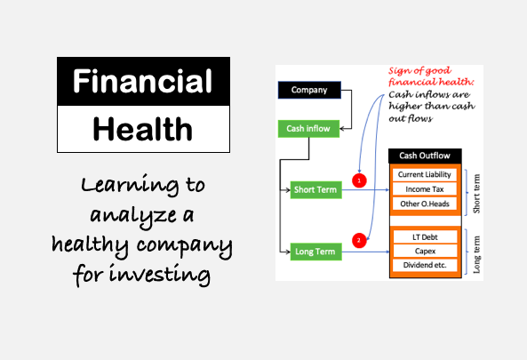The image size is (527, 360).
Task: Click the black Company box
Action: [309, 90]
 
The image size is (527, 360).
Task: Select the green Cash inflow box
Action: [308, 128]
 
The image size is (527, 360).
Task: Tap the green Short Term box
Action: [315, 190]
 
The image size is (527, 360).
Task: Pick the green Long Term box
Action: [315, 252]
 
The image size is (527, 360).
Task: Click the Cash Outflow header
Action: [425, 156]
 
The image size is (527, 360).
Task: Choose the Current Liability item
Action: [425, 174]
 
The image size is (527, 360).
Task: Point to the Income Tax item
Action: [425, 189]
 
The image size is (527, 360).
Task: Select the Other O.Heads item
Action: [425, 204]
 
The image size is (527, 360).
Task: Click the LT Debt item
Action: [425, 237]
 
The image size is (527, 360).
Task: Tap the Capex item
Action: [425, 251]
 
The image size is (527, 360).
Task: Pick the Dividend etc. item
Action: [425, 265]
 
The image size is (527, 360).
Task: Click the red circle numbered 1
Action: [359, 180]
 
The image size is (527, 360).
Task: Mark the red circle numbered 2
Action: [359, 240]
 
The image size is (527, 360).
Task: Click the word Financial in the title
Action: [142, 81]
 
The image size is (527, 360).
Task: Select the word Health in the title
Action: [142, 130]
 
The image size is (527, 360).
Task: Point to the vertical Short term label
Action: [476, 194]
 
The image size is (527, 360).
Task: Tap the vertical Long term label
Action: [476, 254]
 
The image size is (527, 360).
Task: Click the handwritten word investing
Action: [160, 274]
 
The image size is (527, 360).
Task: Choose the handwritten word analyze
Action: [133, 216]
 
